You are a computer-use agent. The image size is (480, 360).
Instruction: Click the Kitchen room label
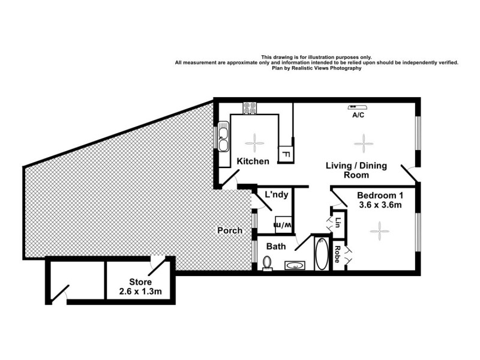(x=253, y=161)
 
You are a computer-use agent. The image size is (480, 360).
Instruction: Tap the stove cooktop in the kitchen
(x=250, y=109)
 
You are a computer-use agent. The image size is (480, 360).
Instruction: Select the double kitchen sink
(x=223, y=139)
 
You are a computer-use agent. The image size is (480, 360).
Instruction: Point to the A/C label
(x=359, y=115)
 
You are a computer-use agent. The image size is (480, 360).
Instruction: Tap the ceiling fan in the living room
(x=363, y=143)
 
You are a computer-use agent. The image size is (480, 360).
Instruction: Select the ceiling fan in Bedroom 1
(x=379, y=229)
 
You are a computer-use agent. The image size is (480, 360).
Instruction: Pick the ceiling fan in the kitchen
(x=255, y=142)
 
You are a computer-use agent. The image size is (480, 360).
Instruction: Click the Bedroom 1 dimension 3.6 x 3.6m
(x=379, y=205)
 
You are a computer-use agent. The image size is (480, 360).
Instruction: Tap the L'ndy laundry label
(x=278, y=194)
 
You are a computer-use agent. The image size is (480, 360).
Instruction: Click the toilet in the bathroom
(x=268, y=263)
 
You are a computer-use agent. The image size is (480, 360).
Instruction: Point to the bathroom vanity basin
(x=295, y=265)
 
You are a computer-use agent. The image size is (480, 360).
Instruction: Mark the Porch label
(x=230, y=230)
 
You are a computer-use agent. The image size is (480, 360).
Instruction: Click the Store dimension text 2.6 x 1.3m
(x=141, y=292)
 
